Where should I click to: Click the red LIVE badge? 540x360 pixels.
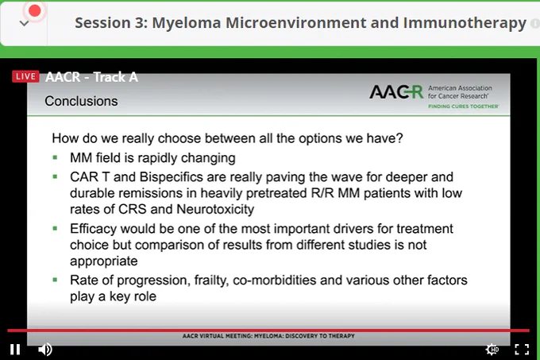tap(25, 76)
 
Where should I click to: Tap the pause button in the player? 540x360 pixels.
tap(15, 350)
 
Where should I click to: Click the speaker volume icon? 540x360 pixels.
tap(45, 350)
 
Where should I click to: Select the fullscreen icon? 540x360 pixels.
tap(522, 350)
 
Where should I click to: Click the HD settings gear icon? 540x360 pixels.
tap(492, 350)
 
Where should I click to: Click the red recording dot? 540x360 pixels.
tap(34, 11)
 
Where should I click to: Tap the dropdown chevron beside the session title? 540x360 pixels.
tap(24, 23)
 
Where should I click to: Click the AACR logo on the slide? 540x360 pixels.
tap(396, 92)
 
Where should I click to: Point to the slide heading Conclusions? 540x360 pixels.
tap(81, 101)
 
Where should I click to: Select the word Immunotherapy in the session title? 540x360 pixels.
tap(465, 23)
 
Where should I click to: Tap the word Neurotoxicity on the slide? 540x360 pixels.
tap(215, 209)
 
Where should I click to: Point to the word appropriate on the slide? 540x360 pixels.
tap(104, 261)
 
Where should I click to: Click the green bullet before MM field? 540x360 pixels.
tap(55, 158)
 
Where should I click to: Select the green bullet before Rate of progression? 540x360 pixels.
tap(55, 280)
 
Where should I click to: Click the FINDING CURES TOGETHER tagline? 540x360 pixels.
tap(463, 106)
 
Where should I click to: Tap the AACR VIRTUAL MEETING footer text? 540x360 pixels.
tap(268, 336)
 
